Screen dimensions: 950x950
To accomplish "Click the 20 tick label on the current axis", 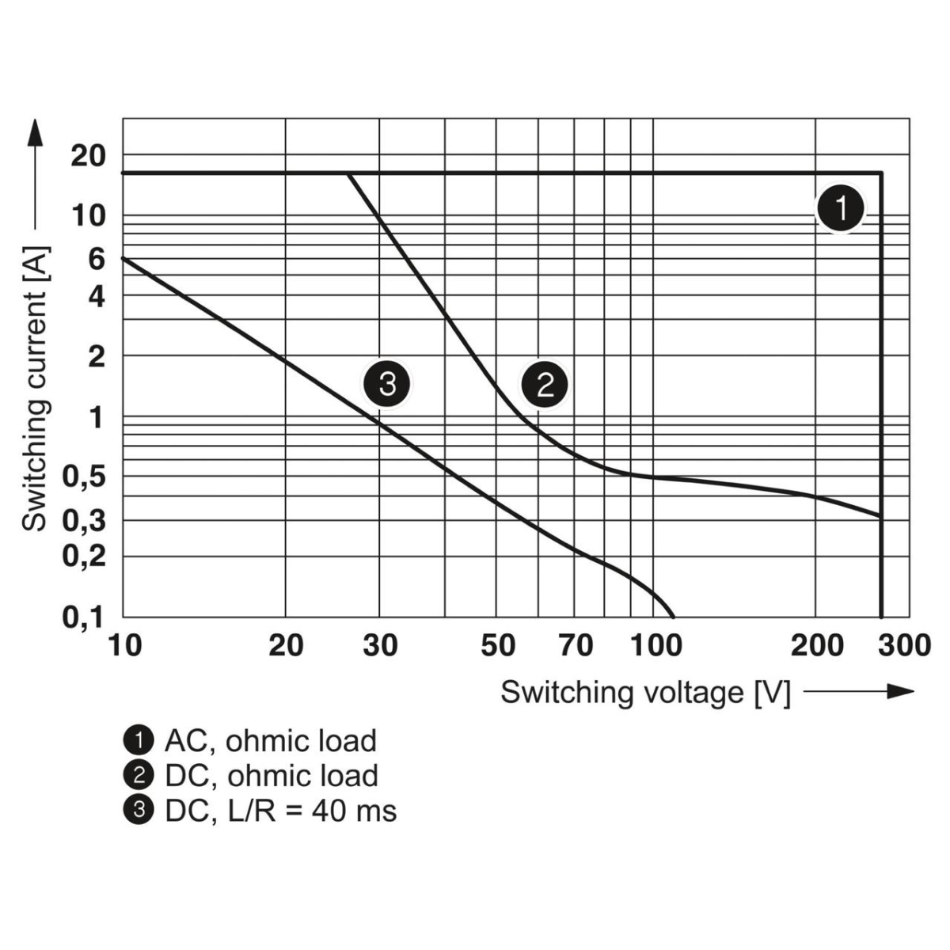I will point(88,156).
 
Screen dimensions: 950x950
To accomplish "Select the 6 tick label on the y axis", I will point(97,258).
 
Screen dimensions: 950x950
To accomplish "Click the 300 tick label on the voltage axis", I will point(905,646).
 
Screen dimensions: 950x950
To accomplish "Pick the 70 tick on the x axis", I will point(576,646).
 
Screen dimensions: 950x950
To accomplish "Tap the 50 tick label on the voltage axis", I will point(497,646).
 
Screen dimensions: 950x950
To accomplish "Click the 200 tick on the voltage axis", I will point(817,646).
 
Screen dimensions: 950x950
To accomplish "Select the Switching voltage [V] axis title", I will point(645,692).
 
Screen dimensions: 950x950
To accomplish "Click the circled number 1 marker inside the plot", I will point(841,209).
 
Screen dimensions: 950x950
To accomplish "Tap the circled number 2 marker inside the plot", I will point(545,386).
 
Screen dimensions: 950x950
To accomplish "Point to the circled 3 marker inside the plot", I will point(386,385).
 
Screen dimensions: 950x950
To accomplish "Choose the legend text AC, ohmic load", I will point(270,741).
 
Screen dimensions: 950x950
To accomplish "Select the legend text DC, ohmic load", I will point(271,776).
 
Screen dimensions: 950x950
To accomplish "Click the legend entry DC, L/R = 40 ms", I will point(280,811).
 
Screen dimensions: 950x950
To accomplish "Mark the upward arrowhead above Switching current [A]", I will point(35,131).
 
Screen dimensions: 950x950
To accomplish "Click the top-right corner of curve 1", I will point(881,173).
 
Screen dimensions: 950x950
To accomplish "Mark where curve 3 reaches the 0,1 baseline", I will point(674,616).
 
